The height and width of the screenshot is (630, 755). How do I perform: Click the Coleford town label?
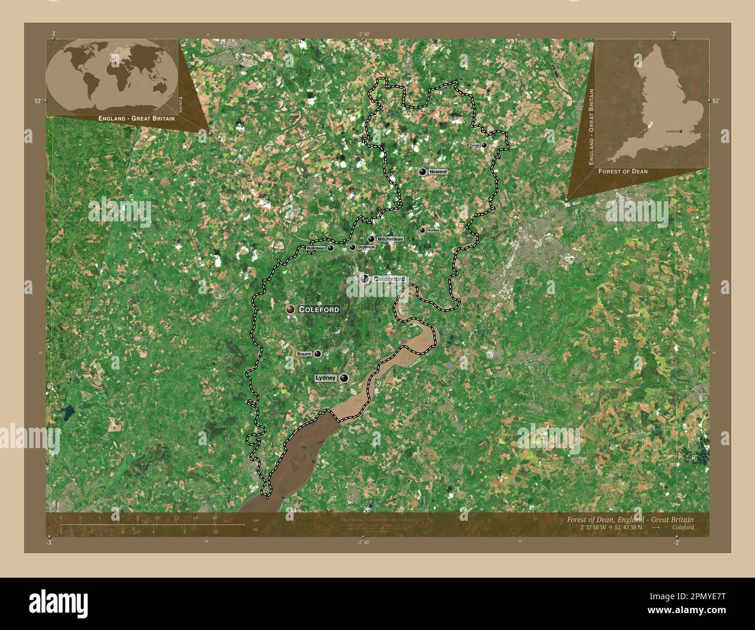tap(318, 310)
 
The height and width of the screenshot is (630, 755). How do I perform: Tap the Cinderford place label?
tap(389, 279)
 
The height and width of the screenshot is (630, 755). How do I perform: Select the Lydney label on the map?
tap(325, 378)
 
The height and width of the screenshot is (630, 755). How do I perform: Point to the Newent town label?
tap(438, 172)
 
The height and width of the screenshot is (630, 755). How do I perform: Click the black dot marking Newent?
tap(423, 171)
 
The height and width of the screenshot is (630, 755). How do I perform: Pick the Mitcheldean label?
tap(390, 239)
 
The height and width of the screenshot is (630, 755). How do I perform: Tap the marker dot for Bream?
tap(317, 353)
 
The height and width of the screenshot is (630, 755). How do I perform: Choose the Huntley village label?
tap(433, 230)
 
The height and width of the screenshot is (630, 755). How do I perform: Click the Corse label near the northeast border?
tap(474, 145)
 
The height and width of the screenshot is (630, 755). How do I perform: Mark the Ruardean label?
tap(315, 248)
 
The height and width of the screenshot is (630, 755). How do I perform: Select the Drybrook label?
tap(366, 248)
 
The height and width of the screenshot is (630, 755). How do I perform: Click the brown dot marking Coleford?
tap(290, 309)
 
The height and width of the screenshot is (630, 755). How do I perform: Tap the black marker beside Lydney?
tap(344, 378)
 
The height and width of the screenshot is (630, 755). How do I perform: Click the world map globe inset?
tap(112, 75)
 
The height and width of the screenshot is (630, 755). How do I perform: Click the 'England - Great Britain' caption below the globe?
tap(136, 118)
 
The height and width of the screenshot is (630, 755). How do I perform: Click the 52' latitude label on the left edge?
tap(38, 101)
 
